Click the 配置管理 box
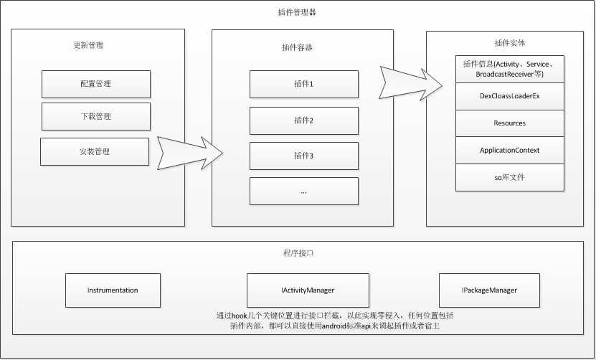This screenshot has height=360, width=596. coord(95,84)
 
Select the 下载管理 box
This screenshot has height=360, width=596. coord(95,116)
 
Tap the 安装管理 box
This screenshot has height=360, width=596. coord(95,151)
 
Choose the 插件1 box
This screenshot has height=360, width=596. coord(303,84)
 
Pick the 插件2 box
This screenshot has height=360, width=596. coord(303,120)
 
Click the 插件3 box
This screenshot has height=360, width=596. coord(303,156)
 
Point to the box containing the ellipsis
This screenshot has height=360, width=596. coord(303,191)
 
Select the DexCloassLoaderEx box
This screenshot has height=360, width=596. coord(509,95)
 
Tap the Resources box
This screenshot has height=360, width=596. coord(509,123)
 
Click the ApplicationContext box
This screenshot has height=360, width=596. coord(509,150)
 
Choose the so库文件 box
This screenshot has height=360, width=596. coord(509,177)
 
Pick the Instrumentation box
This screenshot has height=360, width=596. coord(113,290)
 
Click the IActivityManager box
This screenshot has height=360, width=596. coord(308,290)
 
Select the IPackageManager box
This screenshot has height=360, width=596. coord(489,290)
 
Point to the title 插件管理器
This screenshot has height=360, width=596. coord(296,12)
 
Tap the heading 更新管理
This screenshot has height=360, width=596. coord(88,45)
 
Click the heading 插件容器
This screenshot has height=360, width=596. coord(297,47)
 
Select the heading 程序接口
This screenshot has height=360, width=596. coord(298,253)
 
